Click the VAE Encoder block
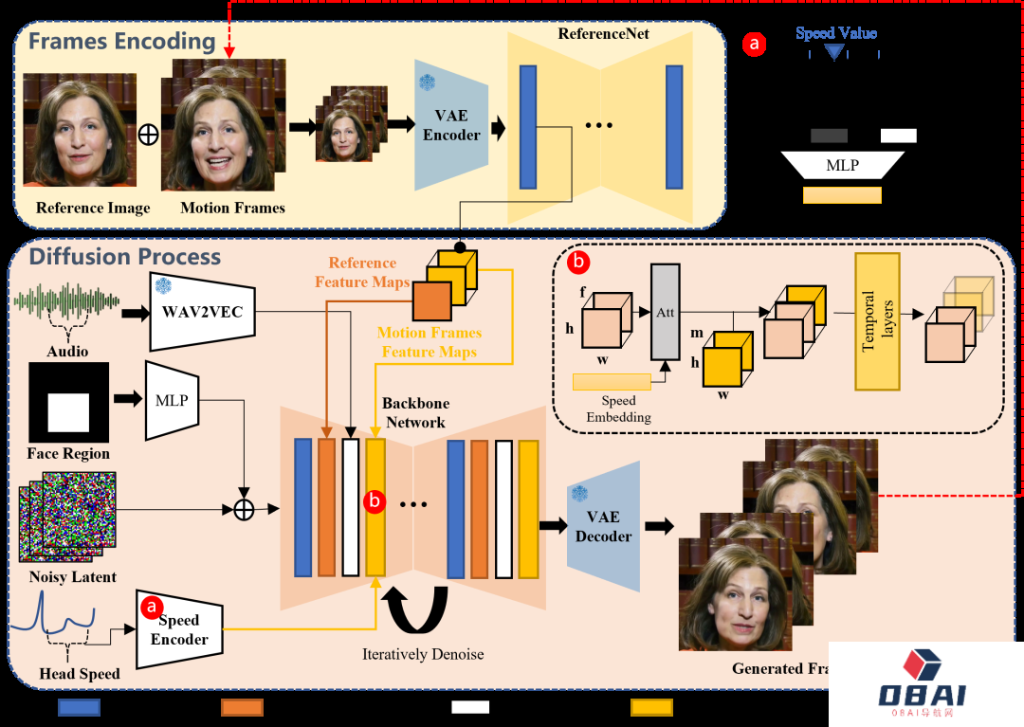click(x=451, y=125)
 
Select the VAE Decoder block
click(x=603, y=526)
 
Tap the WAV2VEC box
click(x=203, y=310)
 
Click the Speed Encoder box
click(x=179, y=629)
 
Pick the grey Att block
click(x=665, y=312)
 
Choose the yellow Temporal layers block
click(x=877, y=321)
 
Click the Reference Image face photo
click(x=80, y=130)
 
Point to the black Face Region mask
click(x=68, y=404)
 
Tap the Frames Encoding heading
click(x=121, y=42)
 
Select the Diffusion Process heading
click(x=125, y=257)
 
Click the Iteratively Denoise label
click(x=423, y=654)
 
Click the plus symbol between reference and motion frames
click(x=148, y=135)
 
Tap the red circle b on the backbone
click(x=375, y=502)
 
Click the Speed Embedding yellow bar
click(x=612, y=382)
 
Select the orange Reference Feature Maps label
click(x=362, y=272)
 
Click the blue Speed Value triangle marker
click(x=834, y=52)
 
